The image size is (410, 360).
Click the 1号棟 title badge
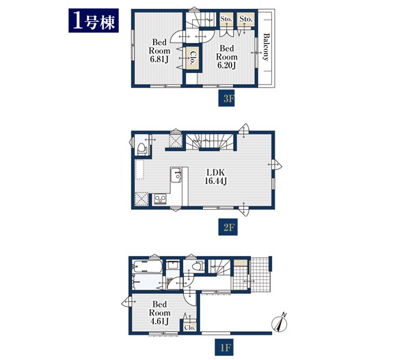tap(94, 20)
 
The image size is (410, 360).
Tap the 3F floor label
tap(226, 98)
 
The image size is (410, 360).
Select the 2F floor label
tap(228, 227)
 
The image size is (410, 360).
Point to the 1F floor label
tap(224, 347)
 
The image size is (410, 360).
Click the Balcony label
tap(266, 47)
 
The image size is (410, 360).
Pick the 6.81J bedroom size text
tap(159, 59)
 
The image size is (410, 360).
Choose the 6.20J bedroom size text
tap(227, 66)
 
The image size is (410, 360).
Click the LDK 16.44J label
tap(216, 177)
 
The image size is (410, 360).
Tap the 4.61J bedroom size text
tap(159, 321)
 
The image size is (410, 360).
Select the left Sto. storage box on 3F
tap(226, 19)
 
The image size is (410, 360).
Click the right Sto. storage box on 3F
tap(246, 19)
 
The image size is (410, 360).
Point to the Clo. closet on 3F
tap(192, 58)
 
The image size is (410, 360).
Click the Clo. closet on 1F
tap(189, 327)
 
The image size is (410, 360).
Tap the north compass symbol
tap(279, 323)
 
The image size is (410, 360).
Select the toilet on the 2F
tap(141, 148)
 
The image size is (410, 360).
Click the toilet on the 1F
tap(198, 266)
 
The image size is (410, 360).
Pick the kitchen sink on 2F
tap(176, 175)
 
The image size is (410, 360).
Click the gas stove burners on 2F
tap(159, 199)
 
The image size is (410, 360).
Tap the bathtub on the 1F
tap(147, 266)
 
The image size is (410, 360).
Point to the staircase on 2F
tap(210, 141)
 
